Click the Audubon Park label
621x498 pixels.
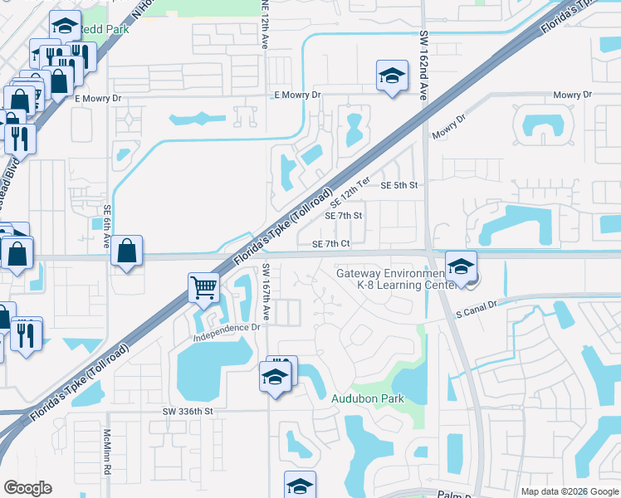point(368,399)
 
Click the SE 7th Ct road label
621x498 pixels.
point(332,244)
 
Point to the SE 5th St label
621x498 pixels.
point(399,186)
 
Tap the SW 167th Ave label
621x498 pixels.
point(266,292)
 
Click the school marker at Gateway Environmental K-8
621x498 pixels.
point(459,267)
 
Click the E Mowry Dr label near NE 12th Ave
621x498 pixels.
point(298,95)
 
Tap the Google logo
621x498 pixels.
point(27,488)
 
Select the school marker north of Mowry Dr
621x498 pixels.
point(390,76)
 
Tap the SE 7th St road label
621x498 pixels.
point(344,216)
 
